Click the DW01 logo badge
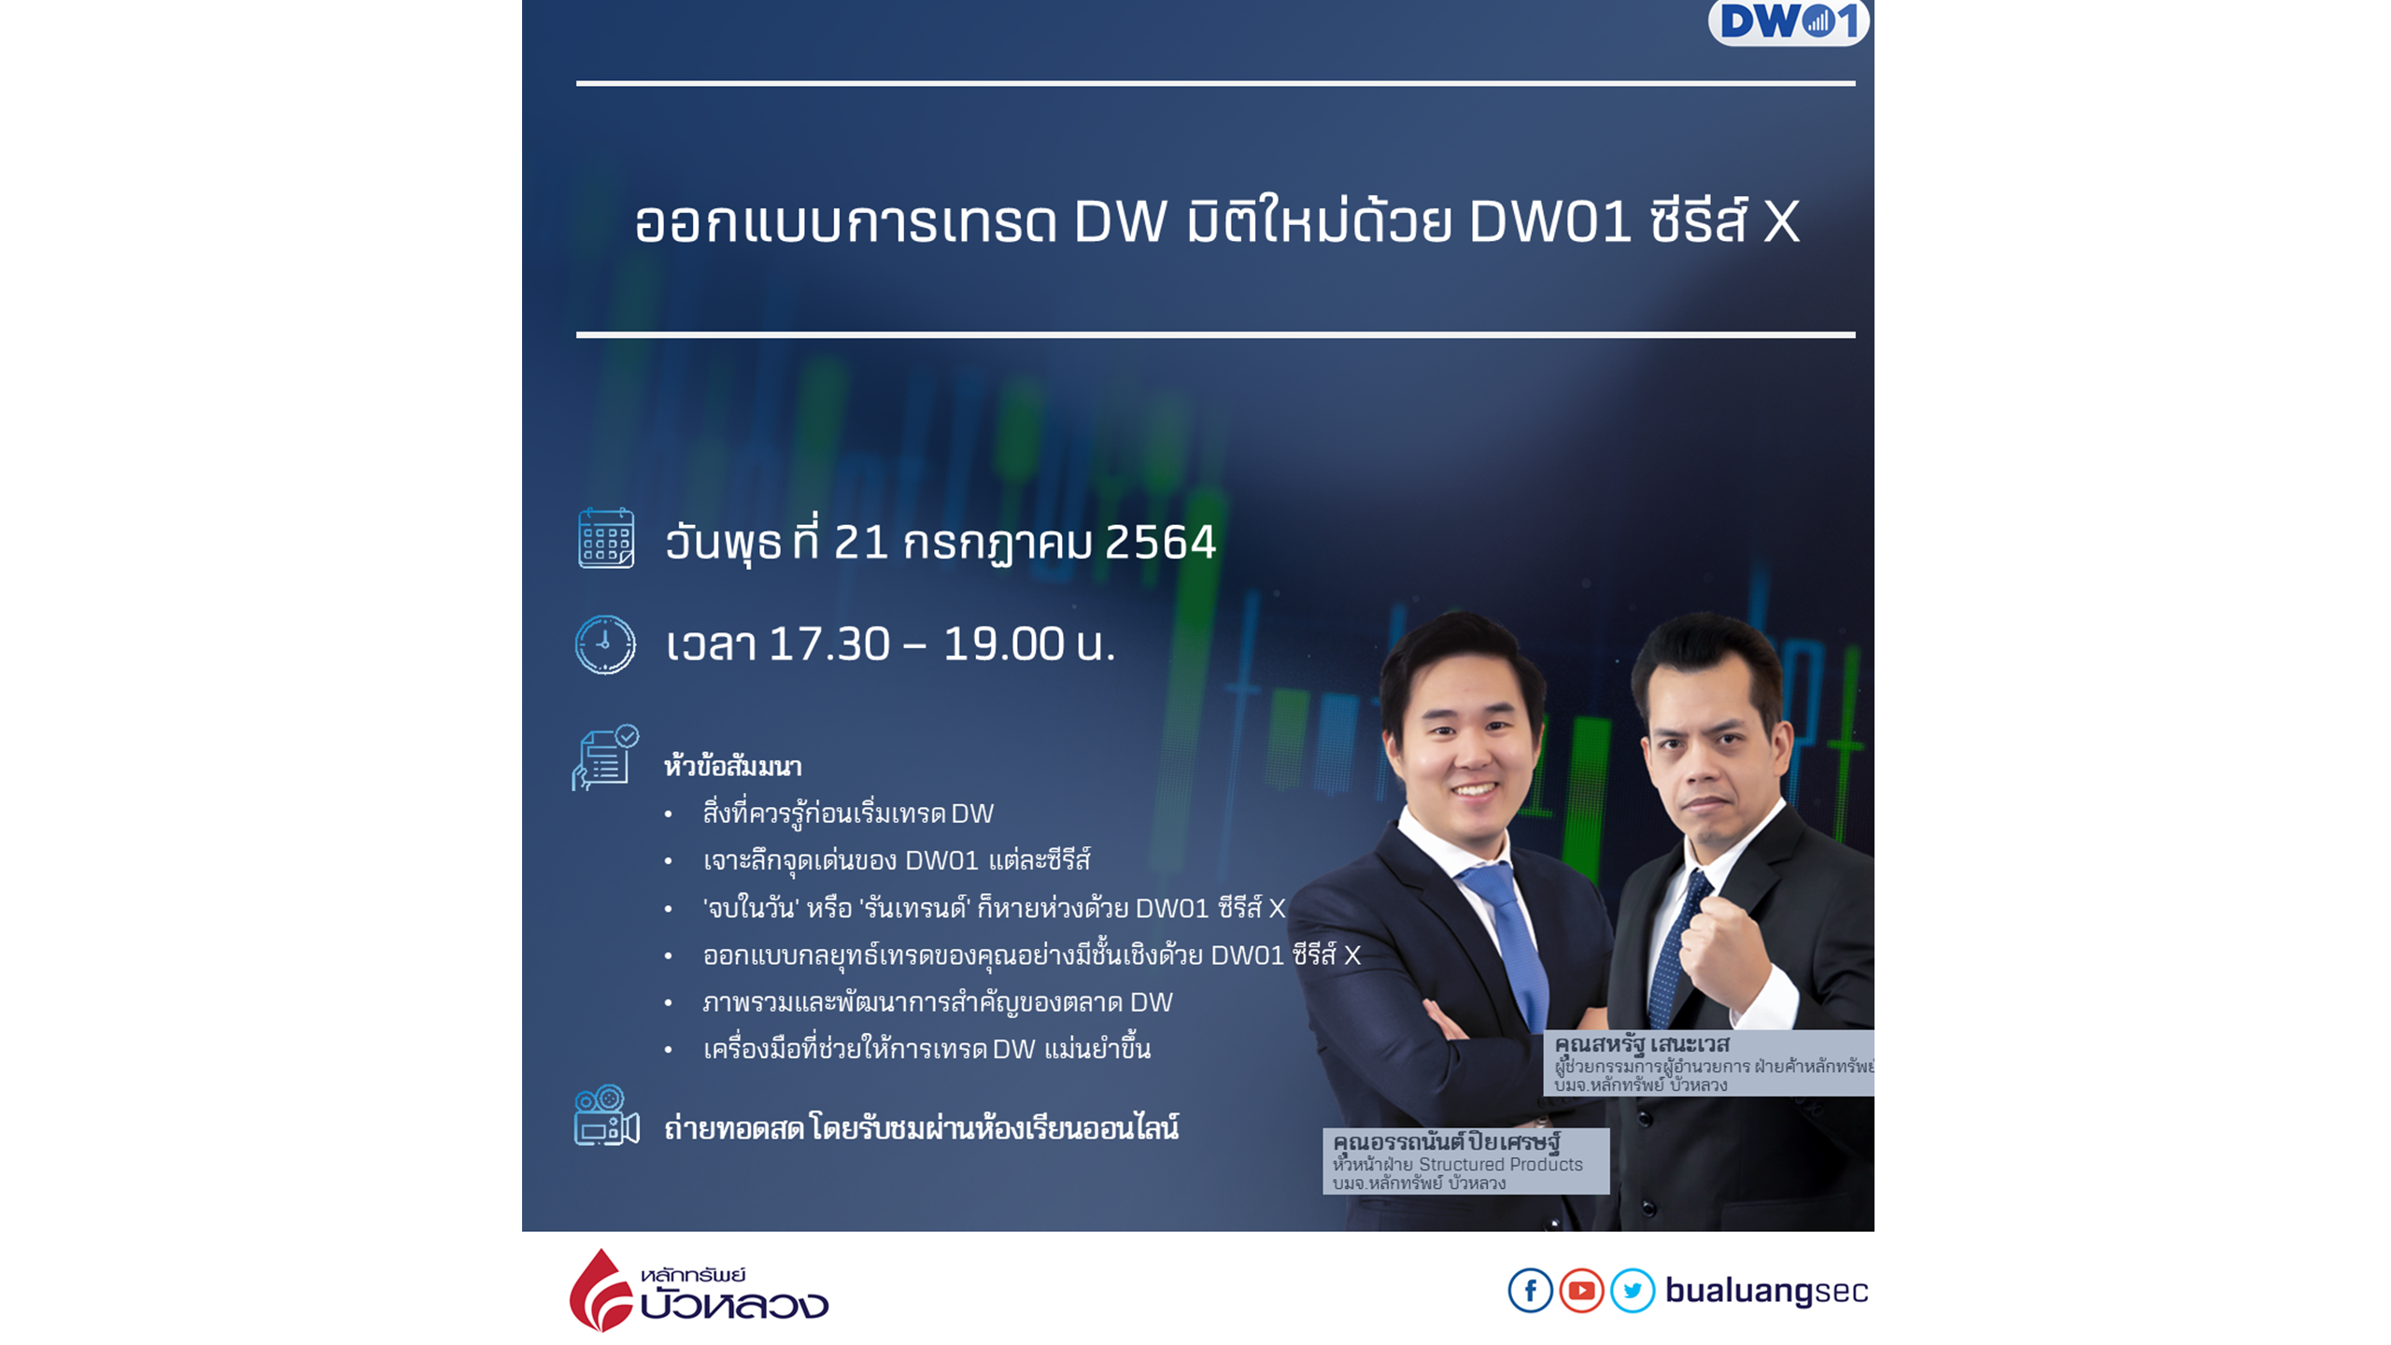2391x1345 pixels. tap(1788, 21)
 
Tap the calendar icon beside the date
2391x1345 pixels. tap(606, 538)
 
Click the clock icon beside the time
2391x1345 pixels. tap(605, 644)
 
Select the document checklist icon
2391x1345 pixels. tap(605, 757)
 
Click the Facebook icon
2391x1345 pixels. tap(1531, 1291)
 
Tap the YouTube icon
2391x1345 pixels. tap(1581, 1291)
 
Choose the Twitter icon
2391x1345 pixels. tap(1632, 1291)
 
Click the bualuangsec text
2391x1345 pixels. tap(1766, 1291)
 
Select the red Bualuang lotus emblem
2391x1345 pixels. tap(601, 1290)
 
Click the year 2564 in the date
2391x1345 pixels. tap(1160, 542)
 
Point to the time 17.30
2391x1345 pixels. tap(829, 644)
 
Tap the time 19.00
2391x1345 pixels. tap(1003, 644)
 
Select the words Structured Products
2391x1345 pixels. tap(1501, 1164)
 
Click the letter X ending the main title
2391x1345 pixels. tap(1781, 222)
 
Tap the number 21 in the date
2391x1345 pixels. tap(860, 542)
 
